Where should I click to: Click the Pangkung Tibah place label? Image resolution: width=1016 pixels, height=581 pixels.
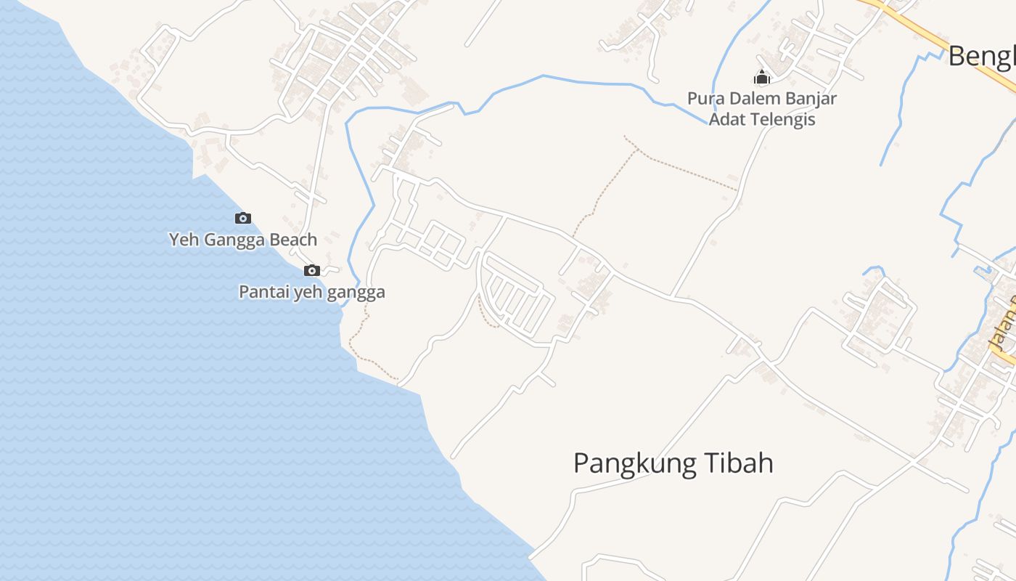tap(673, 463)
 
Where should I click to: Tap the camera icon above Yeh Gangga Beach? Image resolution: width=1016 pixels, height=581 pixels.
tap(243, 218)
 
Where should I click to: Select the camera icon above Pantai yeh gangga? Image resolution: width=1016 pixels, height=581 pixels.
tap(312, 270)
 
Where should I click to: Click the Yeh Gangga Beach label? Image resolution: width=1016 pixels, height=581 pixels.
tap(243, 240)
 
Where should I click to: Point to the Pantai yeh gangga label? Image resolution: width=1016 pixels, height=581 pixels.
tap(312, 293)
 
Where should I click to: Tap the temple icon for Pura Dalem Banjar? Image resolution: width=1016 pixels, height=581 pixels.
tap(762, 77)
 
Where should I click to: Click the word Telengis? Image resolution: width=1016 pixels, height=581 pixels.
tap(782, 119)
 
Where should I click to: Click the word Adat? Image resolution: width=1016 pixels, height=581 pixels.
tap(726, 119)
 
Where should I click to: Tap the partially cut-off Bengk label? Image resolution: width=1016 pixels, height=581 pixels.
tap(982, 56)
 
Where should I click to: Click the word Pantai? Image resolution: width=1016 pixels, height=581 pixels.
tap(263, 293)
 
